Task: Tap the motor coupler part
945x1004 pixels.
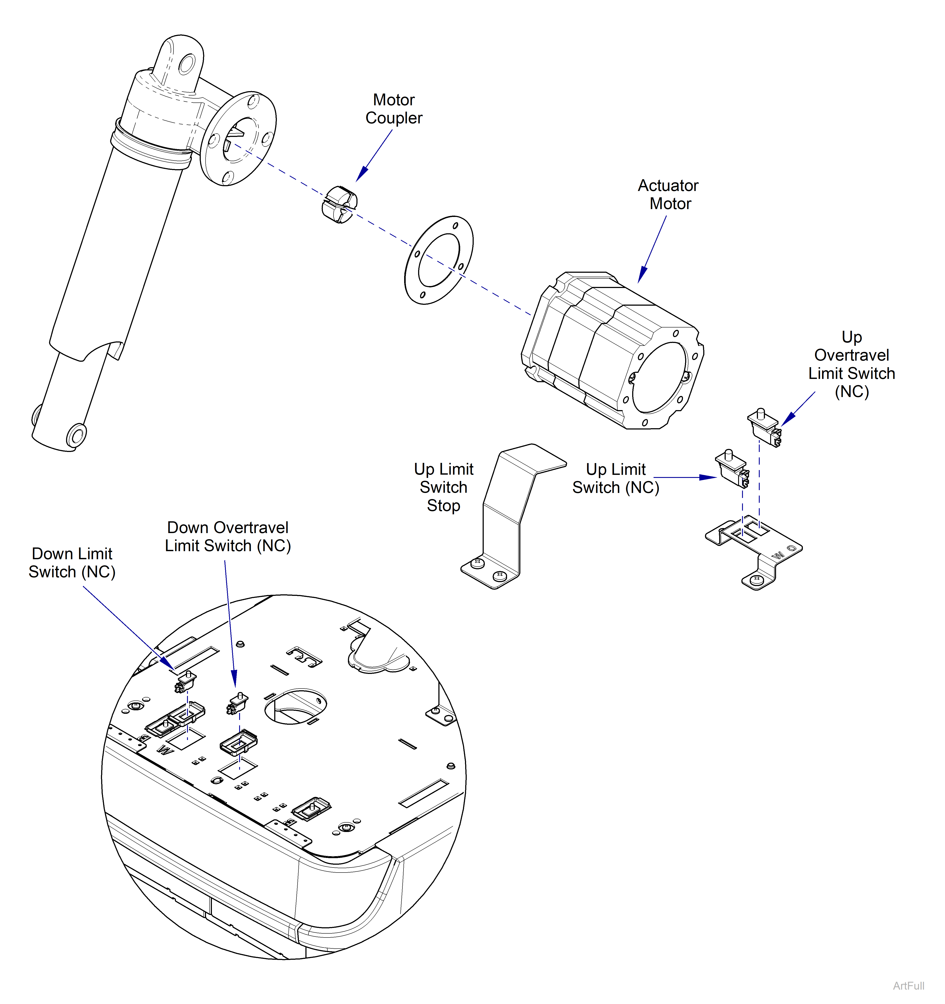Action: pos(339,205)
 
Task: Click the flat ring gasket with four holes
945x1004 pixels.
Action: pos(438,260)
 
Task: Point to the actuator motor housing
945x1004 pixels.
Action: pos(611,353)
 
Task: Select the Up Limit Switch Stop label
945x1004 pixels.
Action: pos(443,487)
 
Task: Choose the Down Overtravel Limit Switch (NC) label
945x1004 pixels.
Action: pos(228,536)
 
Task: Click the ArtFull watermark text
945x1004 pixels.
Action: pos(908,985)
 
